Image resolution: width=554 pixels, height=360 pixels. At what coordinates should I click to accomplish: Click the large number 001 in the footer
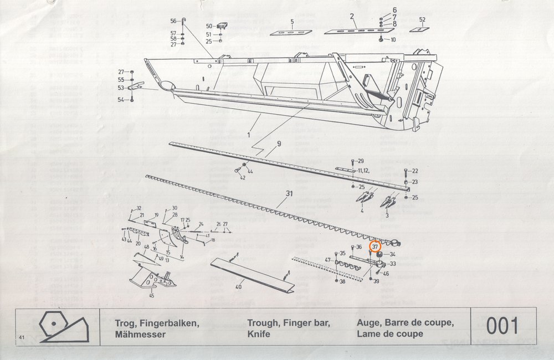(503, 326)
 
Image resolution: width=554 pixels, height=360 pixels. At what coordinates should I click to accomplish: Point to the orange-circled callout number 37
(376, 246)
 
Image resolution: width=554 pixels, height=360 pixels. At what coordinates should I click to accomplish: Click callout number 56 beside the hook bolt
(173, 21)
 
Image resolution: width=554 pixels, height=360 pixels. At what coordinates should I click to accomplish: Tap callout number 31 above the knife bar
(289, 193)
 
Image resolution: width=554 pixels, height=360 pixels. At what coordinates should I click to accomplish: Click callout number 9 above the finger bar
(279, 145)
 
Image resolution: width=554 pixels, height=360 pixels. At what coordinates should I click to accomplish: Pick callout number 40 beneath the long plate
(239, 287)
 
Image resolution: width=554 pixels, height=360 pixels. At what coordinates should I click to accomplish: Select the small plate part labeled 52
(419, 31)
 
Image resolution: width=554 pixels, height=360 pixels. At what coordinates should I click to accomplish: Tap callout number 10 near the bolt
(393, 40)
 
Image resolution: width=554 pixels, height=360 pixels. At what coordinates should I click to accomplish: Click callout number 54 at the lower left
(120, 100)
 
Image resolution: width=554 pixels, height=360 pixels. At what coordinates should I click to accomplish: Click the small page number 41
(21, 337)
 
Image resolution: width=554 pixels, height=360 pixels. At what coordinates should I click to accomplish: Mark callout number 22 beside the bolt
(415, 171)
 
